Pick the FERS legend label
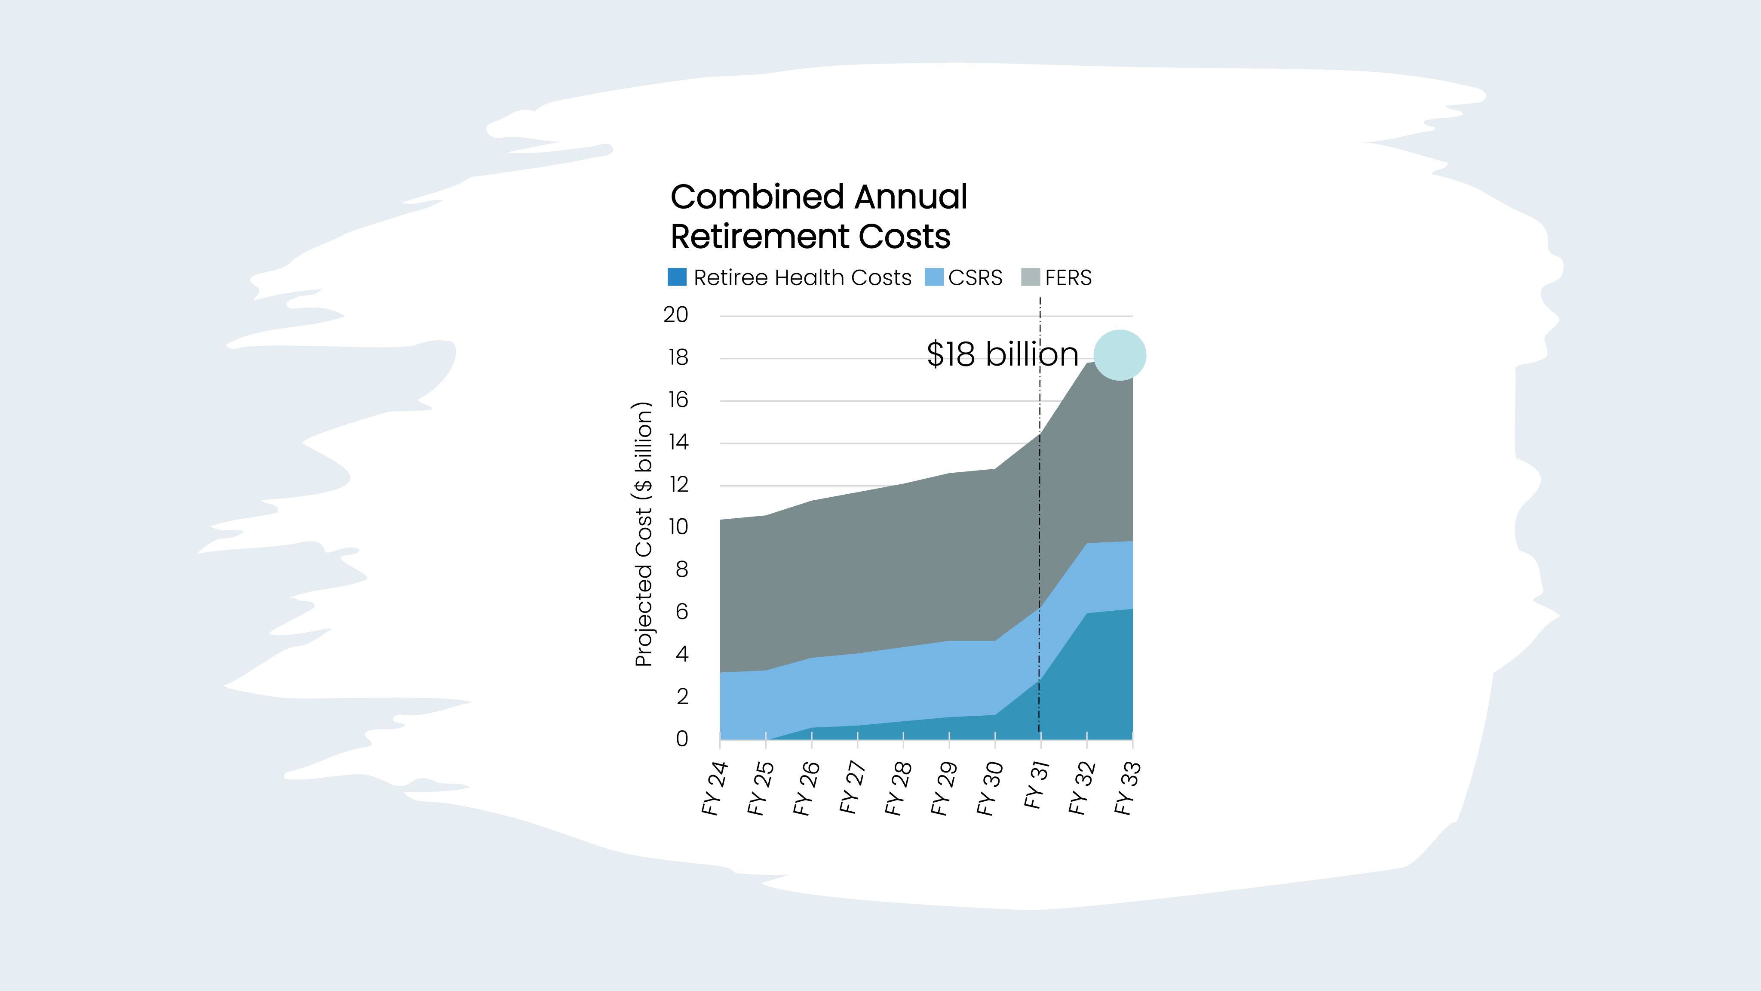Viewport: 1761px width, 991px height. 1068,278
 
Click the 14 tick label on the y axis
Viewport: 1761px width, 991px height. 678,443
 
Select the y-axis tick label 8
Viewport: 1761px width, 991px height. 681,570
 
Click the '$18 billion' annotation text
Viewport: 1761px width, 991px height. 1002,354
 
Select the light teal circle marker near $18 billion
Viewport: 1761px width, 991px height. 1120,355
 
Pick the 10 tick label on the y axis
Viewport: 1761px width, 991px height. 678,527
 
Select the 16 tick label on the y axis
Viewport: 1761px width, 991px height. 678,400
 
